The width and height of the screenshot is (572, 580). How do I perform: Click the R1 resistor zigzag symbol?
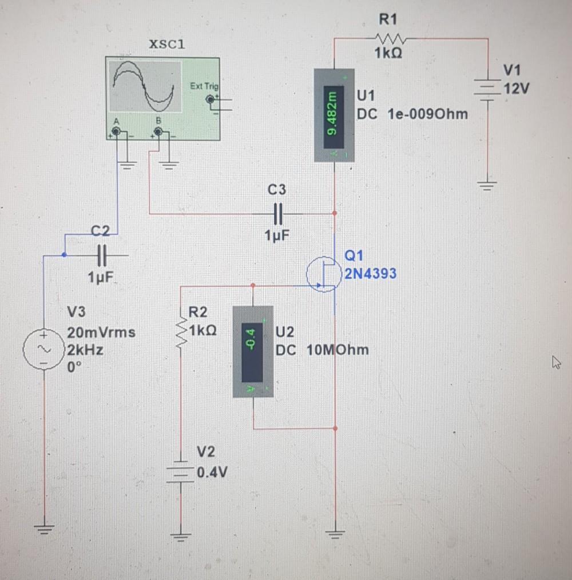(x=391, y=39)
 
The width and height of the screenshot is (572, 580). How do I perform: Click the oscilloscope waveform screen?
(x=144, y=87)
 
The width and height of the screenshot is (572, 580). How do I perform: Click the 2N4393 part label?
(x=370, y=274)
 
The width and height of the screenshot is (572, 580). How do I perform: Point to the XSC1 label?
(x=166, y=45)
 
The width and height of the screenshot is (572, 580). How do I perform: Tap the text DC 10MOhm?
(x=322, y=349)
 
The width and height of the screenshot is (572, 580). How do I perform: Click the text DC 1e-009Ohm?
(x=412, y=114)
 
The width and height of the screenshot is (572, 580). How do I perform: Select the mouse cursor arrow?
(x=554, y=362)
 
